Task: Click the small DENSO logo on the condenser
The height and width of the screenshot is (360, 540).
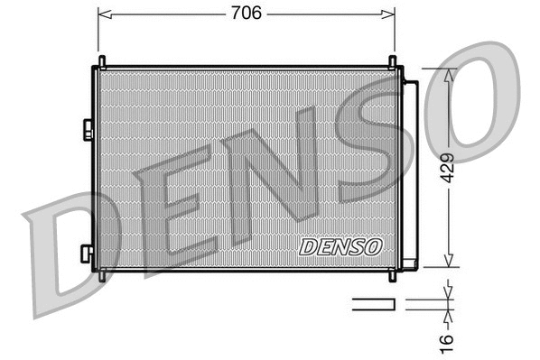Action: [340, 245]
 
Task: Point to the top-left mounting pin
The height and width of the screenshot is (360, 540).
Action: [101, 61]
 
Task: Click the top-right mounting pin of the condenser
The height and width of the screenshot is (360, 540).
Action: [393, 61]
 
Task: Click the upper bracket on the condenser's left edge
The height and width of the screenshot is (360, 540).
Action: [87, 129]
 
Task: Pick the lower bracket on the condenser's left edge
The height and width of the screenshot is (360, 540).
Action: [87, 254]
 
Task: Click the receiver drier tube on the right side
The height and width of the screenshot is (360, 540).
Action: [409, 171]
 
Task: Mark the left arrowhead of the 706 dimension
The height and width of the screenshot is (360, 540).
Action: [102, 14]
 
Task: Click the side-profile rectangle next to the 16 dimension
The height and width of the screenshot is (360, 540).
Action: [372, 304]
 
